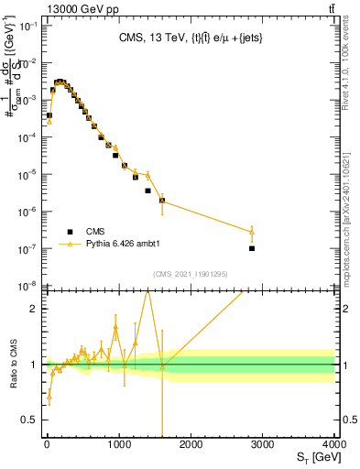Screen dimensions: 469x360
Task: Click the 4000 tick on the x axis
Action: [x=334, y=442]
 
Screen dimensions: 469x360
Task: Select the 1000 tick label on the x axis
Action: [x=118, y=442]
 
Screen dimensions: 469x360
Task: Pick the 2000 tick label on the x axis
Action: [x=191, y=442]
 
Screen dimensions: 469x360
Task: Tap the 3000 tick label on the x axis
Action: [x=263, y=442]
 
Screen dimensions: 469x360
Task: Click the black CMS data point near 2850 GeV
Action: [x=252, y=248]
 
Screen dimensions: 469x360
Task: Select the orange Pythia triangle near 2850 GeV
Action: [x=252, y=232]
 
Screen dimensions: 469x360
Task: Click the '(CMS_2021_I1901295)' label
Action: [x=190, y=274]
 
